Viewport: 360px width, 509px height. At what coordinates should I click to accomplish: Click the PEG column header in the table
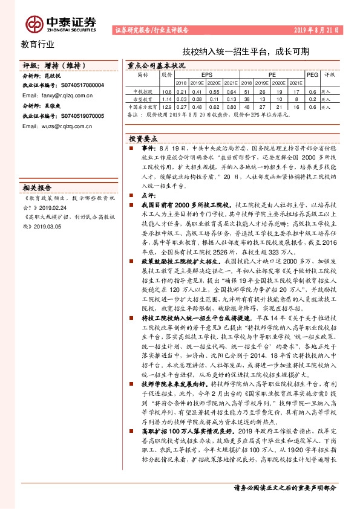coord(313,75)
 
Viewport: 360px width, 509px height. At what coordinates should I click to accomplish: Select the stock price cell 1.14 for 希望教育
coord(167,99)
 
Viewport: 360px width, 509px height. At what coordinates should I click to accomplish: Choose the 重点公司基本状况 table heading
coord(155,65)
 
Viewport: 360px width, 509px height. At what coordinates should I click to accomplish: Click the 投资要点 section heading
coord(145,137)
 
